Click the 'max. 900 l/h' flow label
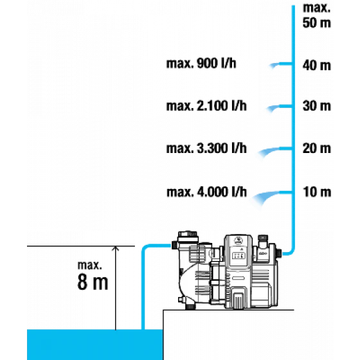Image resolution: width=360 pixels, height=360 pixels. pos(201,64)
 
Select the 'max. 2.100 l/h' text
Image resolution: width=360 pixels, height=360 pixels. pos(206,106)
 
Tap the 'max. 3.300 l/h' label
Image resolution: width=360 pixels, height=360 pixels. pos(206,148)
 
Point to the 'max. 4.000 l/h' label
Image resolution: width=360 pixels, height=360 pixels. pos(206,192)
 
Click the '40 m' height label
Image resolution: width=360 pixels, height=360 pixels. pos(317,66)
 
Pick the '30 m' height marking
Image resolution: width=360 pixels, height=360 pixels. pos(317,106)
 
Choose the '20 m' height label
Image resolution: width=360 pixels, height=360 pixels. pos(317,148)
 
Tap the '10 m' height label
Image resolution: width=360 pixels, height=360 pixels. pos(317,192)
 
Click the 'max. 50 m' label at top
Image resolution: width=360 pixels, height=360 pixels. pos(317,15)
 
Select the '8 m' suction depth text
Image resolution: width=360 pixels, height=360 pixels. pos(93,282)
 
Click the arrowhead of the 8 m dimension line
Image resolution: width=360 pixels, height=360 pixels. pos(116,248)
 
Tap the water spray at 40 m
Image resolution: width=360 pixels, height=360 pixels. pos(274,65)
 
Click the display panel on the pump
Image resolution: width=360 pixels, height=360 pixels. pos(239,256)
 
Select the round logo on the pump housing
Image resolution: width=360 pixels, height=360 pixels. pos(239,241)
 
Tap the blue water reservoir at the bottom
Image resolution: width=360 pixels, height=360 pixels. pos(95,345)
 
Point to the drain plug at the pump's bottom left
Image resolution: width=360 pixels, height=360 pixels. pos(190,306)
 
